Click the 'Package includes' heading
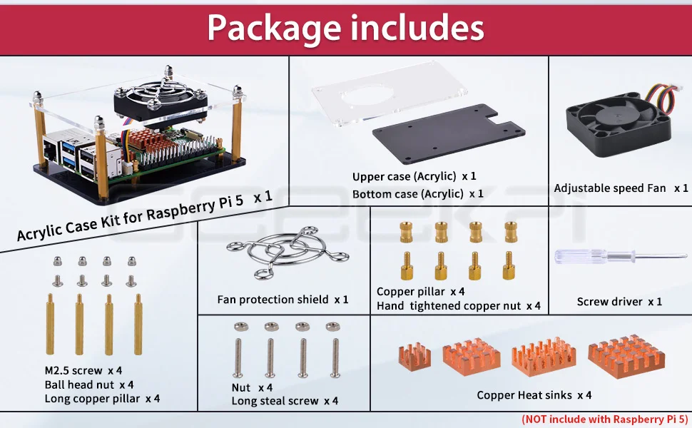point(346,27)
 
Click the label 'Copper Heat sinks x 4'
point(534,395)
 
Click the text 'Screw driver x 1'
point(619,302)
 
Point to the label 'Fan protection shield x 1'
point(283,300)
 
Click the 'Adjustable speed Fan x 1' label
point(621,188)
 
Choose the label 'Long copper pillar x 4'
point(102,398)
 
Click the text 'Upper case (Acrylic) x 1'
point(414,176)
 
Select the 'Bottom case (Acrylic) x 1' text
point(417,193)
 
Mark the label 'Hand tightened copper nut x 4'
point(458,306)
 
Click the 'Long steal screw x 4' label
point(285,401)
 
